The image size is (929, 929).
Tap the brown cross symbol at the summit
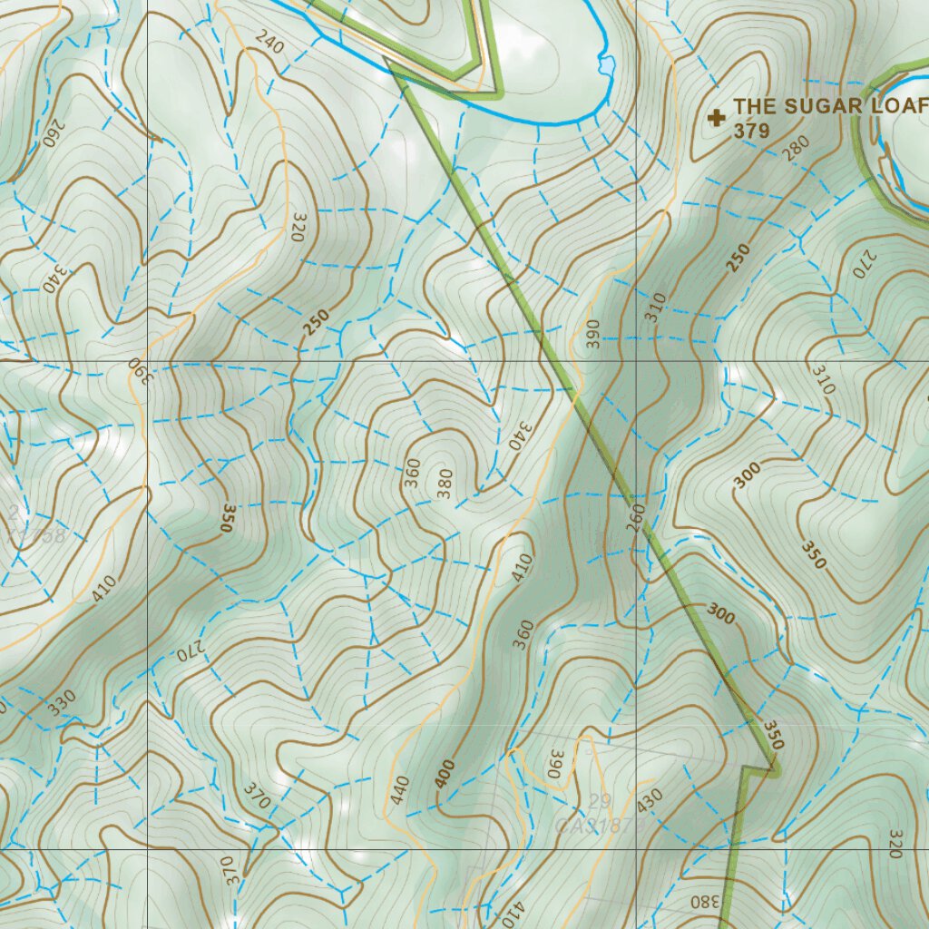[x=718, y=118]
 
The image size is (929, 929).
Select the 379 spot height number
[x=752, y=131]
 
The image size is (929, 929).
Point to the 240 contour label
[x=270, y=42]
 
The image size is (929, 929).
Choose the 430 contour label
[x=650, y=799]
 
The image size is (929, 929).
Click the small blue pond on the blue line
[x=605, y=65]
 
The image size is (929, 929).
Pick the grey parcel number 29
[x=599, y=800]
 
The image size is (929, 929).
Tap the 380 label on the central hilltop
[x=445, y=484]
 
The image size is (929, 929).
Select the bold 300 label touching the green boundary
[x=720, y=614]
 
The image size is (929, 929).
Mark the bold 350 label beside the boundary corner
[x=772, y=735]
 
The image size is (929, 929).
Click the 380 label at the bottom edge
[x=702, y=902]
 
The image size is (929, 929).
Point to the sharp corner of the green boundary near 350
[x=777, y=770]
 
